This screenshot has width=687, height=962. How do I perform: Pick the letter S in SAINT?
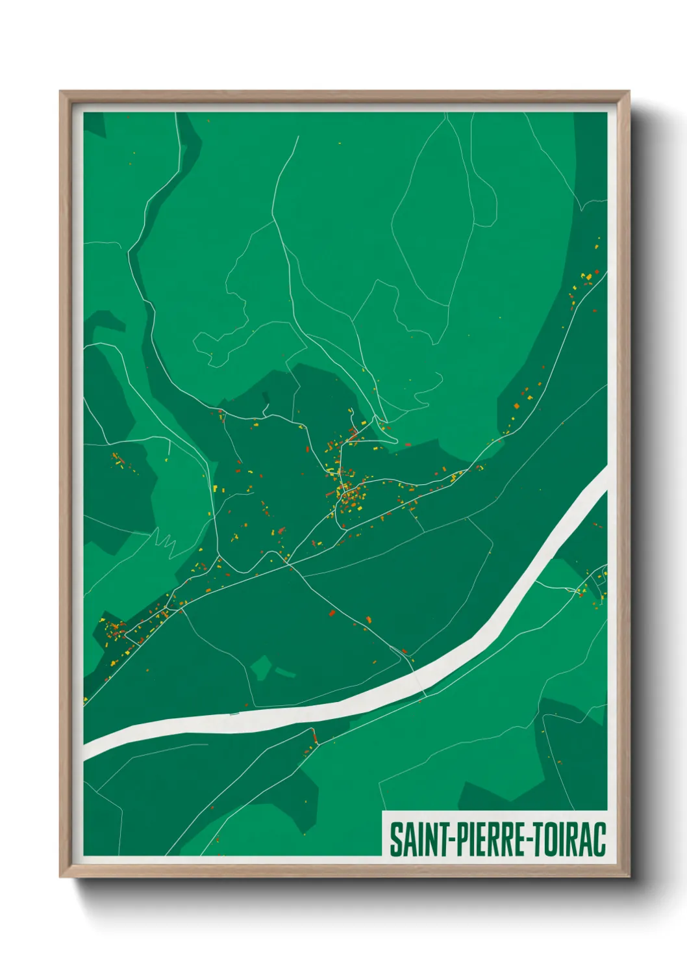click(395, 839)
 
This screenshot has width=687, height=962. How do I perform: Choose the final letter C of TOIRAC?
click(599, 839)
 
